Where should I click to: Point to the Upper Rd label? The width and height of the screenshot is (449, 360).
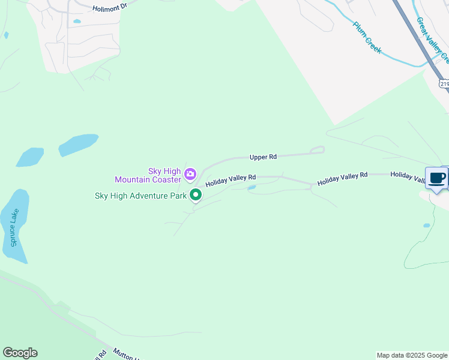pyautogui.click(x=263, y=157)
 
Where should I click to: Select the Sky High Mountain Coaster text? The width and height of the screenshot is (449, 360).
pyautogui.click(x=148, y=175)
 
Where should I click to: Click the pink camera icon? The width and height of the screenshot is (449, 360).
pyautogui.click(x=190, y=175)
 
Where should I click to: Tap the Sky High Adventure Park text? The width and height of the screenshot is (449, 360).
pyautogui.click(x=141, y=196)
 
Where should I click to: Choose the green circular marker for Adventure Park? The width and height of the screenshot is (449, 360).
pyautogui.click(x=196, y=195)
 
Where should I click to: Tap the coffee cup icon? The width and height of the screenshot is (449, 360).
pyautogui.click(x=436, y=178)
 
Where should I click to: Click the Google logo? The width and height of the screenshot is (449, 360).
pyautogui.click(x=20, y=353)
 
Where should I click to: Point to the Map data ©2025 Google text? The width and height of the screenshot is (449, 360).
pyautogui.click(x=412, y=355)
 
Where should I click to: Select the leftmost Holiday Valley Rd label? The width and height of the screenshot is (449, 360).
pyautogui.click(x=231, y=181)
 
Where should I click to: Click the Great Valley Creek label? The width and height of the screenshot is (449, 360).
pyautogui.click(x=432, y=40)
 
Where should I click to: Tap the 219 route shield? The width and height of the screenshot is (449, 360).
pyautogui.click(x=444, y=84)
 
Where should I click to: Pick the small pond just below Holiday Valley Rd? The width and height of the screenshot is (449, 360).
pyautogui.click(x=252, y=188)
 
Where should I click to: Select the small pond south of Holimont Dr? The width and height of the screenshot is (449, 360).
pyautogui.click(x=77, y=22)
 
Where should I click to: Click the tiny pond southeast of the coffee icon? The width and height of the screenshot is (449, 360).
pyautogui.click(x=426, y=226)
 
